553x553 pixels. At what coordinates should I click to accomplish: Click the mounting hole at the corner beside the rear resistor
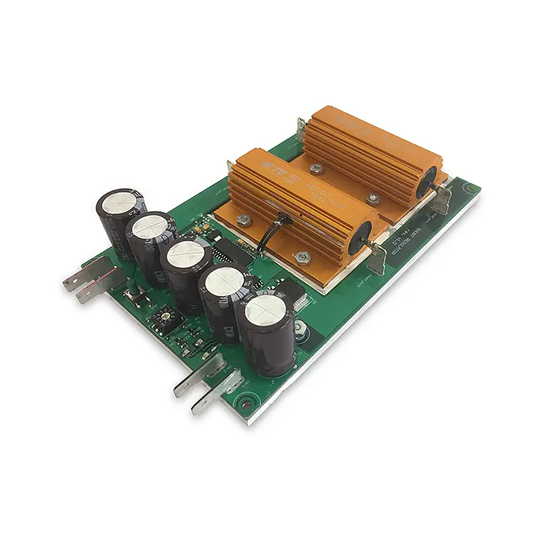tap(471, 187)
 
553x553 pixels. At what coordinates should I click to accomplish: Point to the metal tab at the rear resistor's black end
tap(443, 201)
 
